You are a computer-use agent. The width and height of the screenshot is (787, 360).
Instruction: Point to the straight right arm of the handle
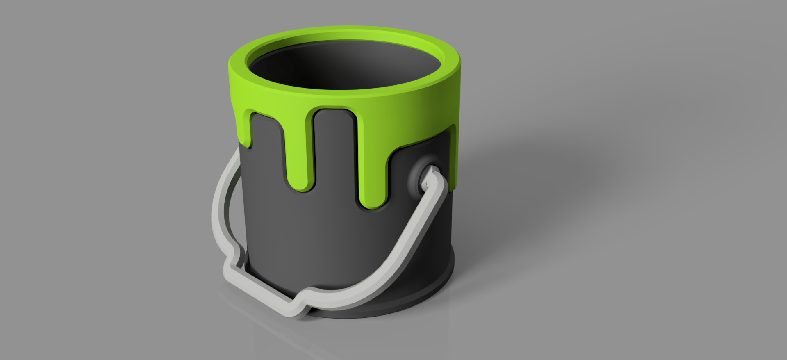click(410, 234)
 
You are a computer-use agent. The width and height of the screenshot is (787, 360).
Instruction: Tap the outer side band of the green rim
click(344, 98)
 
